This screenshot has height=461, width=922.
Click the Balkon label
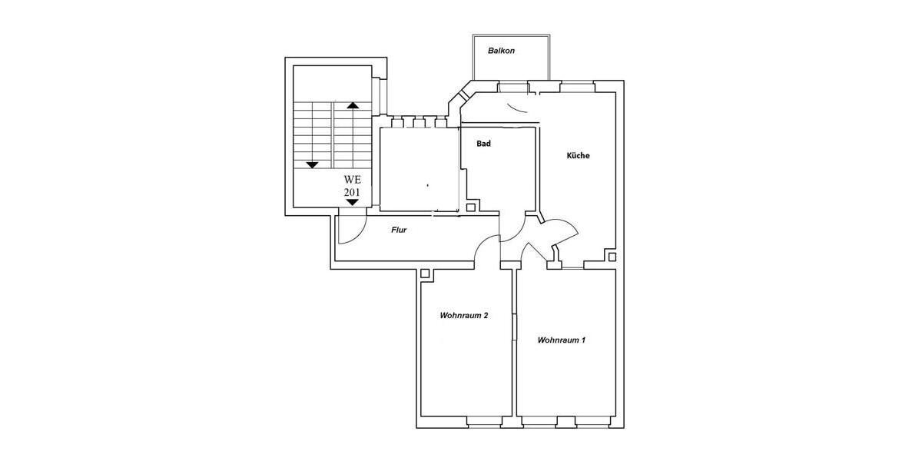click(x=501, y=51)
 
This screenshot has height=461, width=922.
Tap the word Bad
click(x=483, y=144)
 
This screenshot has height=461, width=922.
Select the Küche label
click(x=579, y=155)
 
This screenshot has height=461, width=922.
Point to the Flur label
click(x=399, y=230)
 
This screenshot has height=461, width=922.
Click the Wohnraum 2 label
click(x=464, y=316)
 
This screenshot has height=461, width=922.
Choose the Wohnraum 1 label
click(x=562, y=340)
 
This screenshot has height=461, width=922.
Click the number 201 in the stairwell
click(x=352, y=192)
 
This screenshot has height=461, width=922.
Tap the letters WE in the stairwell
click(x=353, y=180)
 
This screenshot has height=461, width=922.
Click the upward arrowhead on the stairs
click(x=353, y=105)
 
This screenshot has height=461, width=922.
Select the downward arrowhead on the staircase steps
click(x=313, y=165)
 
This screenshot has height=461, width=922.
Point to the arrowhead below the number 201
click(x=352, y=202)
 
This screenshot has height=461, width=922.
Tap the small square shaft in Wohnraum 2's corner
click(x=425, y=274)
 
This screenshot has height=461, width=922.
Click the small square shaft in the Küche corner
click(x=612, y=257)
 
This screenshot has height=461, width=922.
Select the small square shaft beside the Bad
click(x=471, y=208)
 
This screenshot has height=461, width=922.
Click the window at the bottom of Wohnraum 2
click(x=485, y=422)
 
